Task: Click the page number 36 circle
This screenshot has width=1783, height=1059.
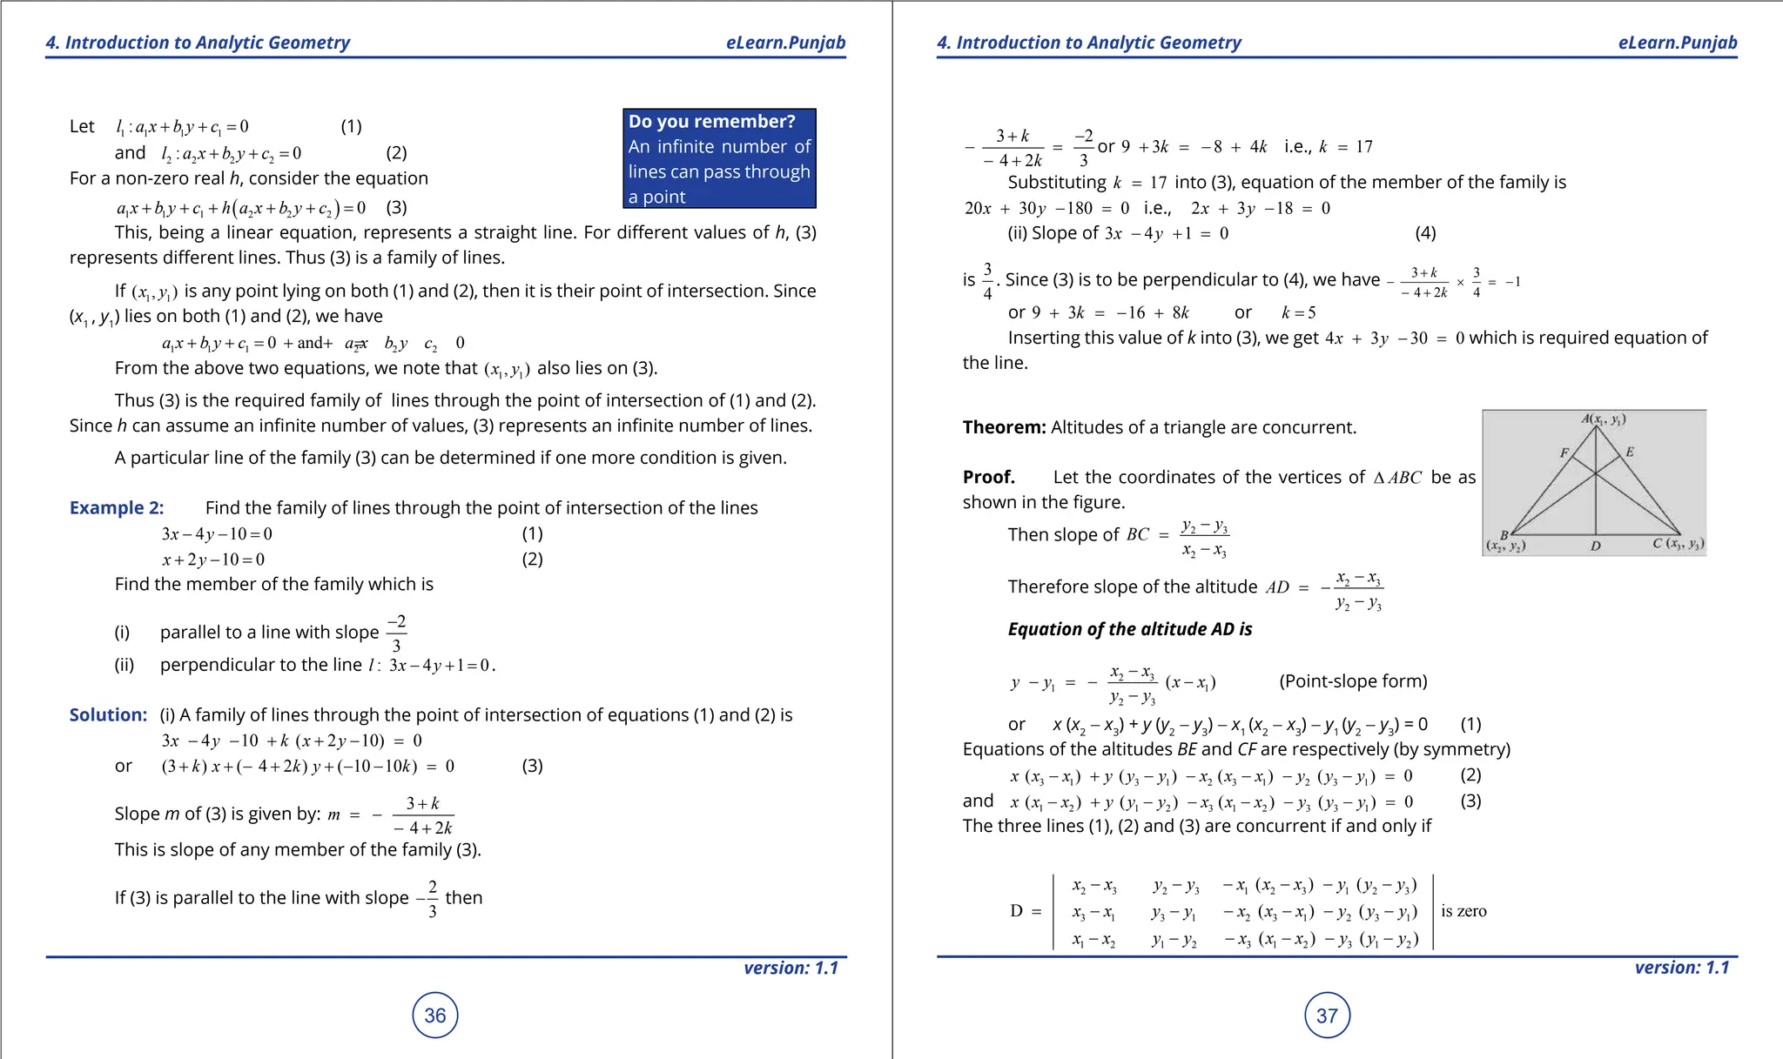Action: pyautogui.click(x=434, y=1015)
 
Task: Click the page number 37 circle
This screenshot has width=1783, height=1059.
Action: pyautogui.click(x=1327, y=1015)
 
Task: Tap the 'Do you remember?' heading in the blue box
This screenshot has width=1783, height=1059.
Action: pyautogui.click(x=711, y=122)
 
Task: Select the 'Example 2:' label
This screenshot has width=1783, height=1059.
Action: pyautogui.click(x=117, y=507)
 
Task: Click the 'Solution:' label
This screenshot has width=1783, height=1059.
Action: pyautogui.click(x=109, y=714)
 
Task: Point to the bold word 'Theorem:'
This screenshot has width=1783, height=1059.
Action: pyautogui.click(x=1004, y=427)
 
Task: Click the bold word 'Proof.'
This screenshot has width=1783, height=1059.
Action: pyautogui.click(x=989, y=477)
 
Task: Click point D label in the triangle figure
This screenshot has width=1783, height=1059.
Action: pyautogui.click(x=1595, y=546)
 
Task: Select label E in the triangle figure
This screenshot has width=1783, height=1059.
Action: pyautogui.click(x=1630, y=452)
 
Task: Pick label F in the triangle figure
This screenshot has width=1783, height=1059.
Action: pyautogui.click(x=1564, y=452)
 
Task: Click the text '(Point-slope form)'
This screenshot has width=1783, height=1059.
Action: pyautogui.click(x=1353, y=681)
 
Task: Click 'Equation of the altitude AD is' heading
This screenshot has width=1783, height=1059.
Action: pyautogui.click(x=1129, y=629)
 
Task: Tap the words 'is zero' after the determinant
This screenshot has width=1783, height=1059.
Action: pyautogui.click(x=1463, y=911)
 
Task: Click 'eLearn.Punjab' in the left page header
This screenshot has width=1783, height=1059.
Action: pyautogui.click(x=785, y=43)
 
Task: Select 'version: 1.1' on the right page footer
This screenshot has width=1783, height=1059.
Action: pyautogui.click(x=1681, y=967)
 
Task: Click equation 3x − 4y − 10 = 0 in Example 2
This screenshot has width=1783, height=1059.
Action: pyautogui.click(x=217, y=533)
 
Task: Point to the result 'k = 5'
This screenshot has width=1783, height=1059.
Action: pyautogui.click(x=1298, y=312)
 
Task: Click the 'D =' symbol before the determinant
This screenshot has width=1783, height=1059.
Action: pyautogui.click(x=1025, y=911)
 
